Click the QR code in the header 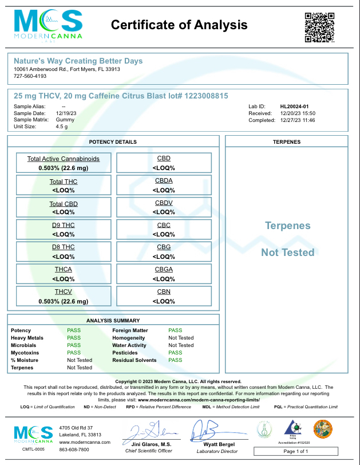(319, 27)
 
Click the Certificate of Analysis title (179, 25)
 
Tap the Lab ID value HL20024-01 (294, 107)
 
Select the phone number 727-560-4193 (30, 76)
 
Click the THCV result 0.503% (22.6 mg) (63, 301)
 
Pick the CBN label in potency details (164, 291)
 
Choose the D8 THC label (63, 247)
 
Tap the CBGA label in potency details (164, 269)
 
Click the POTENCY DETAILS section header (113, 141)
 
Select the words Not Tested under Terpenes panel (288, 253)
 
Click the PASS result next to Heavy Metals (74, 338)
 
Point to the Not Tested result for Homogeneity (181, 338)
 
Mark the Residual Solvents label (135, 360)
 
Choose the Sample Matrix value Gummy (65, 120)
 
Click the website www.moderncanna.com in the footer (85, 442)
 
